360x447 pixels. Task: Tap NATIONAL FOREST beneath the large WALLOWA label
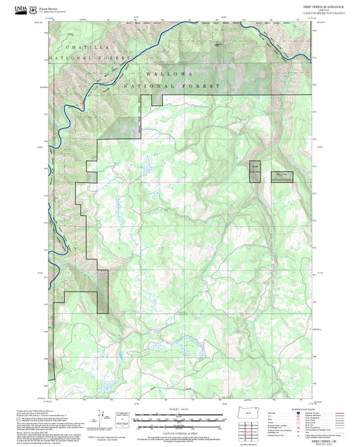[x=172, y=86]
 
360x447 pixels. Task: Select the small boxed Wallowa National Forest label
[x=284, y=177]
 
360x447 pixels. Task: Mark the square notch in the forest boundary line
[x=157, y=100]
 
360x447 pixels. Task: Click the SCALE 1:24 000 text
[x=179, y=409]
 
